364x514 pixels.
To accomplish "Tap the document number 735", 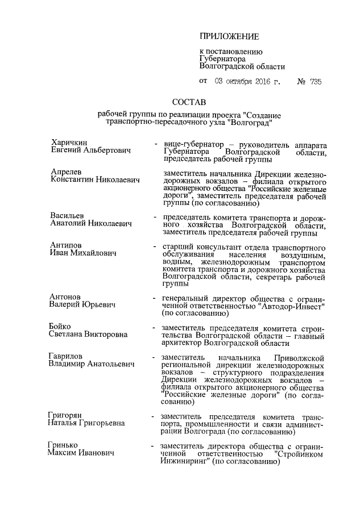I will click(316, 82).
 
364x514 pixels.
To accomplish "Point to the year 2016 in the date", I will click(262, 82).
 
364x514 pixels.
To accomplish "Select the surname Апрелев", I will click(66, 172).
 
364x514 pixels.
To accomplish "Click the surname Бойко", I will click(60, 327).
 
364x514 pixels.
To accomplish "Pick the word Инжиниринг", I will click(185, 463).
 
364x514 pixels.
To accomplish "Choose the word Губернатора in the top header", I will click(222, 58).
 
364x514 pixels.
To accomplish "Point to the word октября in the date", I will click(235, 82).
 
